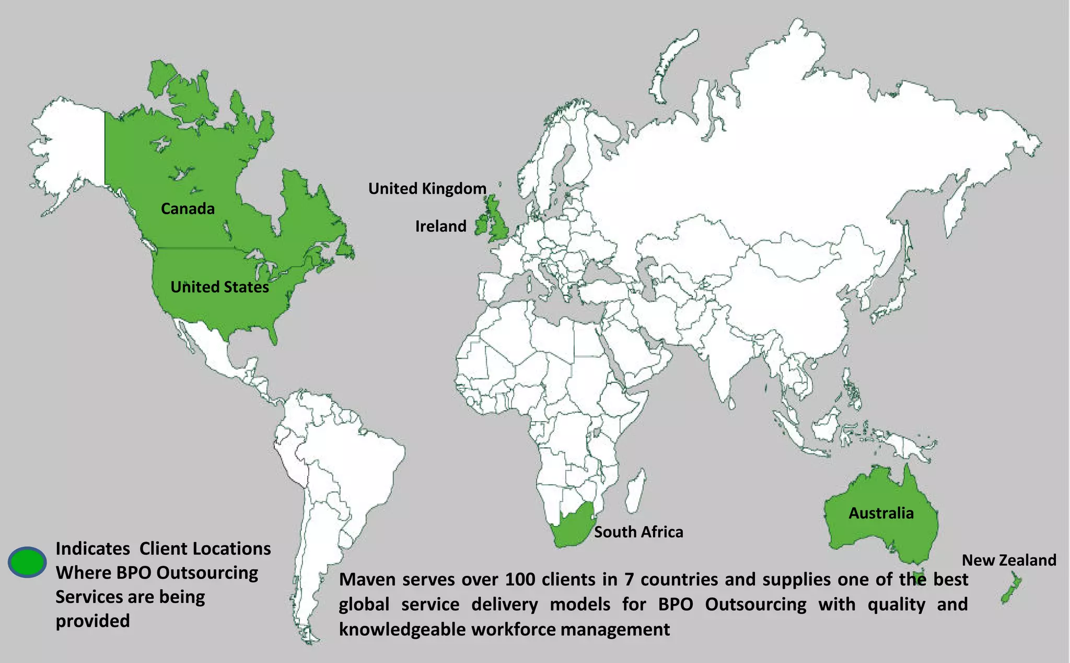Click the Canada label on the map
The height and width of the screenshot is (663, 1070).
click(x=188, y=208)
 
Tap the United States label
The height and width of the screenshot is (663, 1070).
click(x=219, y=287)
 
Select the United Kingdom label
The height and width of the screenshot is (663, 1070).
click(x=427, y=189)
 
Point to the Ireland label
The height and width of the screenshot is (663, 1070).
click(x=440, y=226)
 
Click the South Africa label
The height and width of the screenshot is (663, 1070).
click(x=638, y=532)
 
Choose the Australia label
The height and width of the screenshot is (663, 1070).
click(x=881, y=513)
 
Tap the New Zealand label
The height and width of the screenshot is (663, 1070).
click(x=1009, y=560)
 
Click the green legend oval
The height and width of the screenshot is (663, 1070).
click(x=27, y=562)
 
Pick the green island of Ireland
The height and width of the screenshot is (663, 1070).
click(x=481, y=226)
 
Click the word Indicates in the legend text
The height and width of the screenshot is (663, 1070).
click(x=92, y=549)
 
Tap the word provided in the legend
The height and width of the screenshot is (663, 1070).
click(x=92, y=621)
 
